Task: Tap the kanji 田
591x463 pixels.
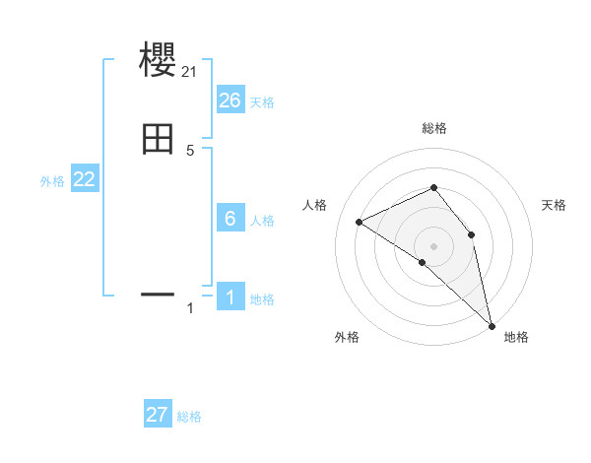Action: tap(158, 140)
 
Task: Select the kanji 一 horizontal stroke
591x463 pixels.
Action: tap(158, 294)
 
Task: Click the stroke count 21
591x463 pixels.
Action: tap(189, 71)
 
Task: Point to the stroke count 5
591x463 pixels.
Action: tap(190, 151)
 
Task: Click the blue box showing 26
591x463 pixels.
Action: tap(230, 100)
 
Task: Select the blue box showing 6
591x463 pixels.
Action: tap(230, 219)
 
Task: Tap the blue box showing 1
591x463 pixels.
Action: tap(230, 298)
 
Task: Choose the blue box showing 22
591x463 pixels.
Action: tap(84, 179)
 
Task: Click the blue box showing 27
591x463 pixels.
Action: tap(158, 415)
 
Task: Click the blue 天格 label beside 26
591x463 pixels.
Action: tap(262, 102)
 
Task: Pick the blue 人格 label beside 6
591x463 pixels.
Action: tap(262, 221)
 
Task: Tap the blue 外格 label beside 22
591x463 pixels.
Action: tap(52, 181)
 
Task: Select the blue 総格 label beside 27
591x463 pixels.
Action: tap(189, 417)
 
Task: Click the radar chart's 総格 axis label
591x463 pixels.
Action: tap(433, 128)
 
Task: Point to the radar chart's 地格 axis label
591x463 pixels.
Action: tap(516, 338)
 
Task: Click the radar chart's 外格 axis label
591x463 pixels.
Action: tap(347, 338)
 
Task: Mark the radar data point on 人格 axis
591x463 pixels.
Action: tap(360, 222)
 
